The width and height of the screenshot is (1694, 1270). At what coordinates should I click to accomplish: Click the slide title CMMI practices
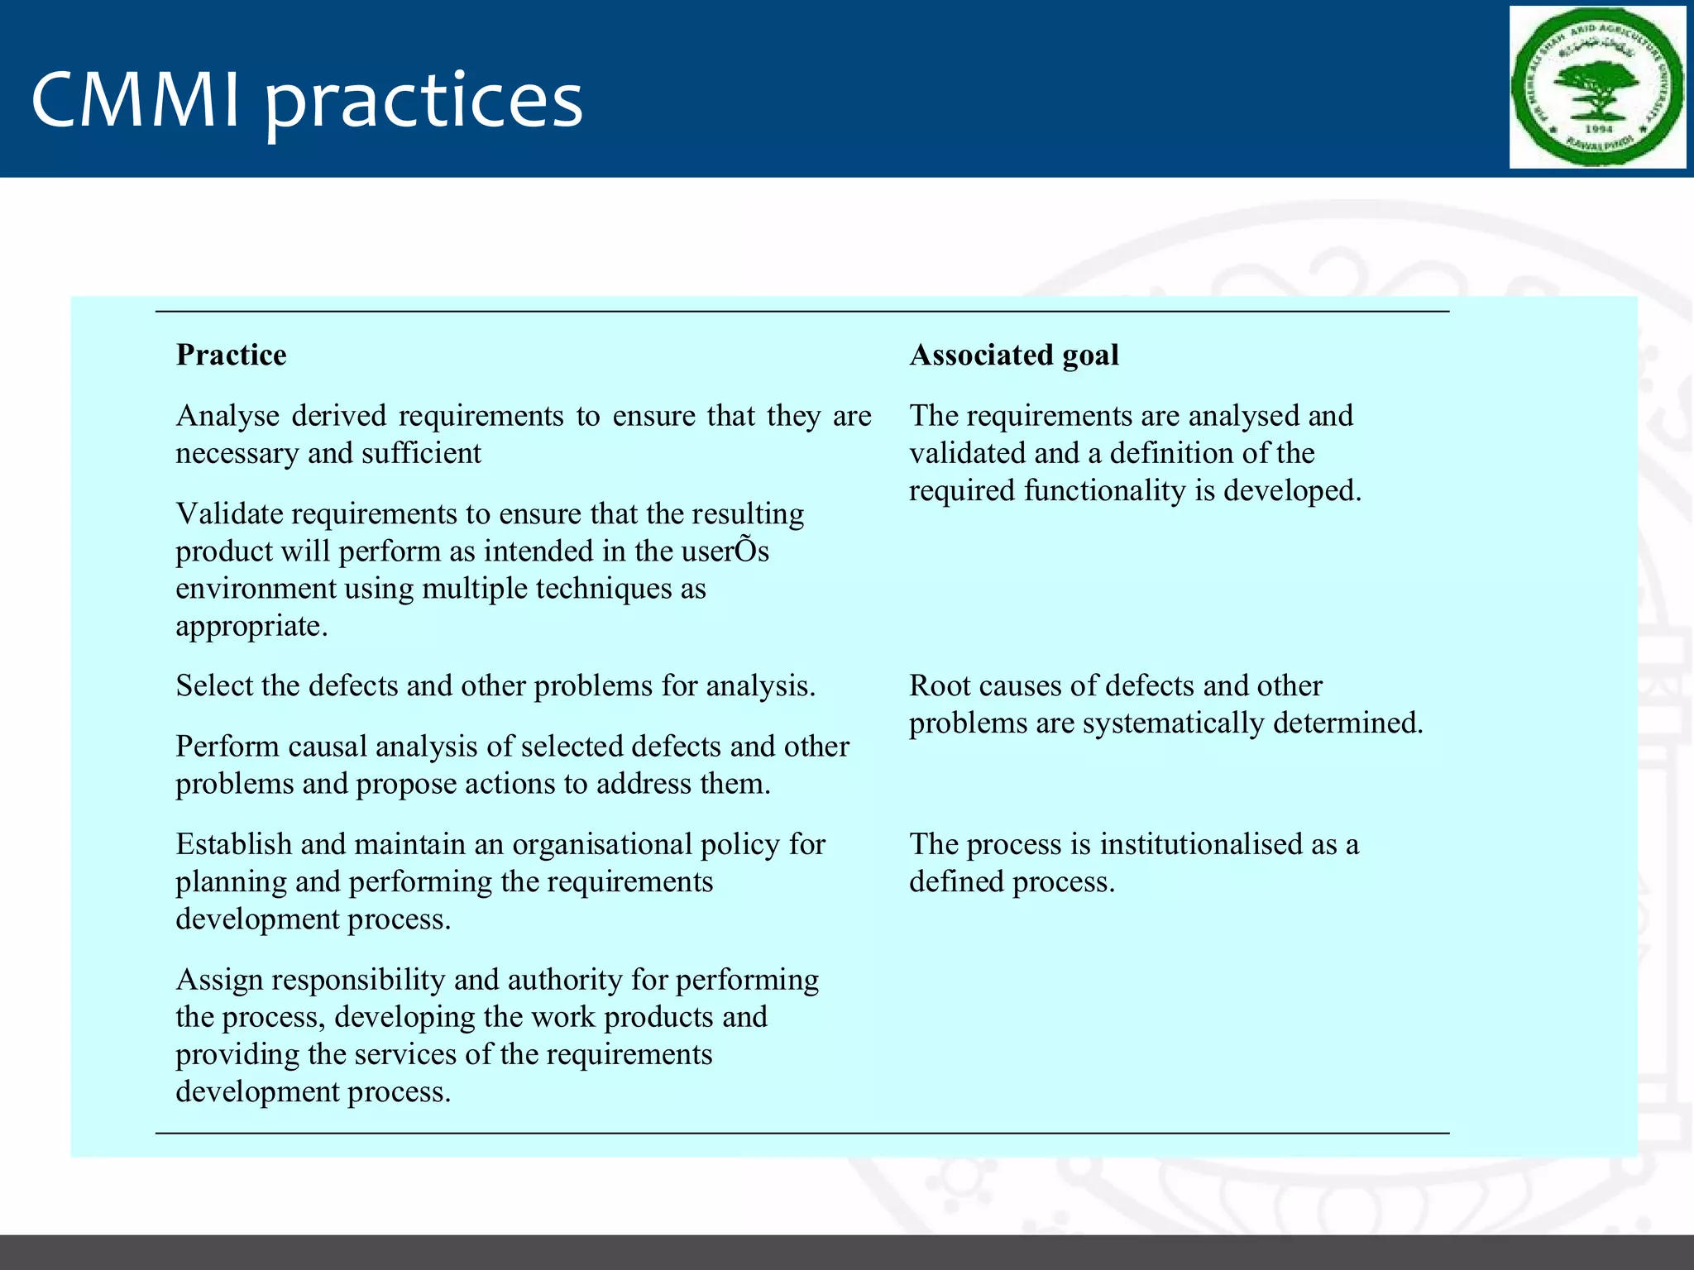[x=307, y=100]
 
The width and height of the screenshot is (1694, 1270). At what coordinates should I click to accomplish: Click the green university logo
[x=1596, y=88]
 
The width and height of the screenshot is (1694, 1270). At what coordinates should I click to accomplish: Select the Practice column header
[x=232, y=355]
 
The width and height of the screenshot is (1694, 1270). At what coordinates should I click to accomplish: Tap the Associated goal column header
[x=1014, y=355]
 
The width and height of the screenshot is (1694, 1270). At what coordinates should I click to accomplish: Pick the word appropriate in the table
[x=251, y=627]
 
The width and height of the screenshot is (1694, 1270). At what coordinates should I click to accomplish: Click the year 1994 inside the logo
[x=1598, y=129]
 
